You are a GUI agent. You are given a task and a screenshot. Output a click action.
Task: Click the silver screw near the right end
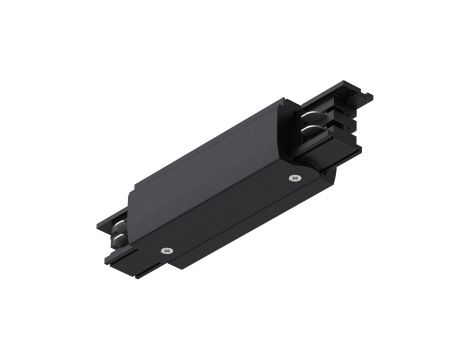(293, 178)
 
